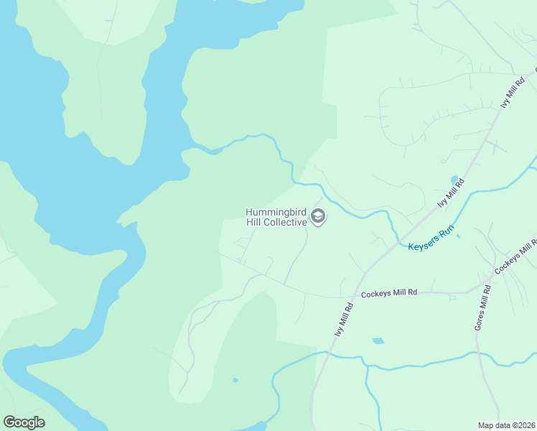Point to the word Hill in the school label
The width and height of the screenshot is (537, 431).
256,223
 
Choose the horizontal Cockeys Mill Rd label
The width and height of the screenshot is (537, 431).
388,292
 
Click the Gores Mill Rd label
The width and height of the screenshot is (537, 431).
483,307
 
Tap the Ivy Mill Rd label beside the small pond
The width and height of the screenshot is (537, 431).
452,193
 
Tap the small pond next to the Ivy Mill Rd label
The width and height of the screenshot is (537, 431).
454,179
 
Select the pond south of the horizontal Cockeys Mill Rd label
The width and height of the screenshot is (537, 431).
378,340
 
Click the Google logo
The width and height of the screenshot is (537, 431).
24,422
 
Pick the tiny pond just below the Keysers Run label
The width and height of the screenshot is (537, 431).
458,235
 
